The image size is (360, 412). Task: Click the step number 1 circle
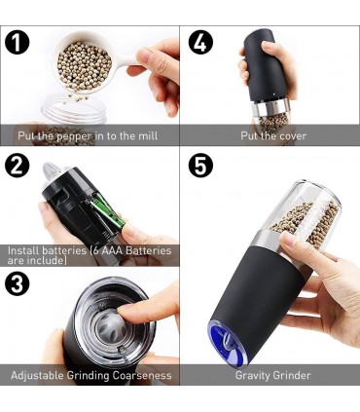(x=18, y=42)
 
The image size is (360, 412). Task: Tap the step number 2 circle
(x=18, y=166)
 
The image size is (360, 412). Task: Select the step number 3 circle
(x=18, y=283)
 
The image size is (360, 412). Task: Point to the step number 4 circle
(x=200, y=42)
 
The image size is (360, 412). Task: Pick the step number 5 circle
(x=200, y=166)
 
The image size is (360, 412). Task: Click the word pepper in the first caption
(x=74, y=136)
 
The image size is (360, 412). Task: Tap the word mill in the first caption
(x=148, y=134)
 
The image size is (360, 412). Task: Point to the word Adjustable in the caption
(x=37, y=376)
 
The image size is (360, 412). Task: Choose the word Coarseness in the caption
(x=142, y=376)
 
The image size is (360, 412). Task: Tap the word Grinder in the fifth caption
(x=292, y=376)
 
